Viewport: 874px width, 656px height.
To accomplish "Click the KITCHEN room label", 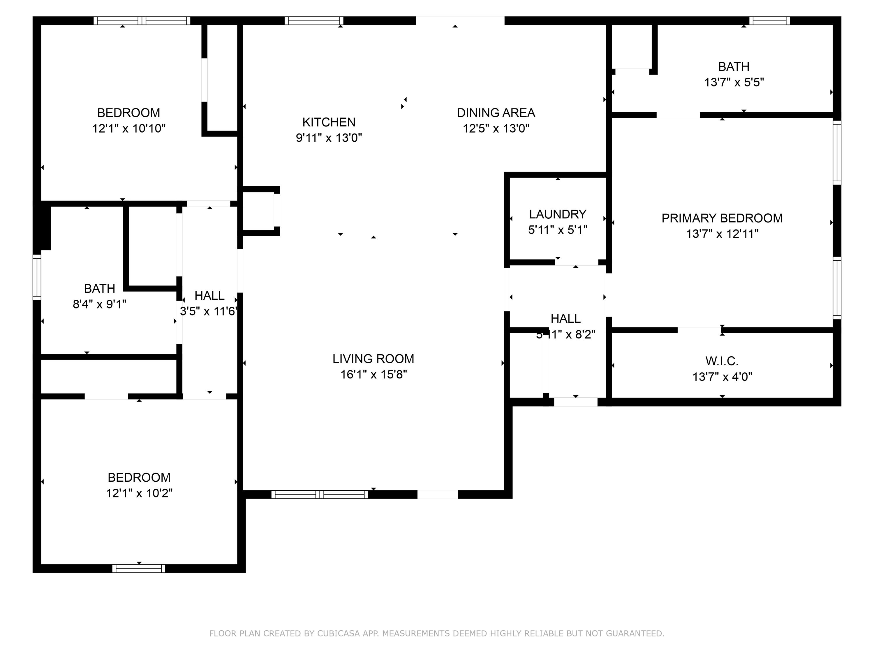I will point(328,122).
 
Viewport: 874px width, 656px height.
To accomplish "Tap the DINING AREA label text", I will point(496,113).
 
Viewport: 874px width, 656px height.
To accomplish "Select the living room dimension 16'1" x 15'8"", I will point(373,374).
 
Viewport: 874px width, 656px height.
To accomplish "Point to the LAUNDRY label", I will point(558,214).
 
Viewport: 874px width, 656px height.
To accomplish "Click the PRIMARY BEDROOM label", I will point(722,218).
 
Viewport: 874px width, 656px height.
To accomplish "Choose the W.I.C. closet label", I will point(722,361).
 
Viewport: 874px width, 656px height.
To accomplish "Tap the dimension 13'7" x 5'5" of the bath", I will point(734,82).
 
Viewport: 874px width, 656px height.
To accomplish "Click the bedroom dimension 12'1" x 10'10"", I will point(129,129).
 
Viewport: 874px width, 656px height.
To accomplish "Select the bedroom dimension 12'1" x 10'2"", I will point(139,493).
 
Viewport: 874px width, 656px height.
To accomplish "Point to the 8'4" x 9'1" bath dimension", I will point(100,304).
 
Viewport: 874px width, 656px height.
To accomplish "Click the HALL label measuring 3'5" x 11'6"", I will point(209,295).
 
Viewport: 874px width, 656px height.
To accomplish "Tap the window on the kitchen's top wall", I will point(314,21).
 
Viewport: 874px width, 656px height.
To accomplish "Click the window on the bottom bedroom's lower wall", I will point(139,569).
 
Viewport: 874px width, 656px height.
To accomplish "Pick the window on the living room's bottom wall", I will point(320,494).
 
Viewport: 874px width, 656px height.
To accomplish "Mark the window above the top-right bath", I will point(769,21).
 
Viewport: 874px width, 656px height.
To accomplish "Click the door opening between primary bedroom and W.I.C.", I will point(699,330).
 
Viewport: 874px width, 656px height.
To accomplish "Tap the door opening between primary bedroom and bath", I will point(678,115).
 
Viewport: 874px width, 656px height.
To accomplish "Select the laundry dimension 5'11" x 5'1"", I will point(558,230).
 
